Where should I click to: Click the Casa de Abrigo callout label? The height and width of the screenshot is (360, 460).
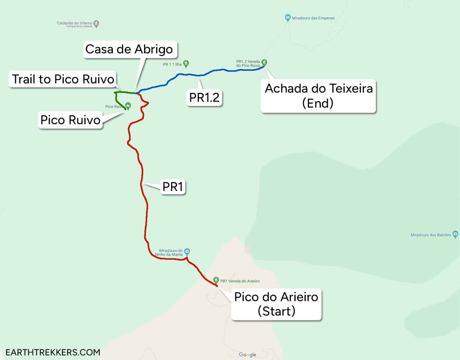129,49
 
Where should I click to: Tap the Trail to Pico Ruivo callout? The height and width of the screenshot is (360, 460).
63,79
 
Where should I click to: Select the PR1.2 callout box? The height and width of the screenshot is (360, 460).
204,98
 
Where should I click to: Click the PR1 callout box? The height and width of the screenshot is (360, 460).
173,186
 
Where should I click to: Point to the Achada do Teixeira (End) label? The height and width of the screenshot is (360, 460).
319,96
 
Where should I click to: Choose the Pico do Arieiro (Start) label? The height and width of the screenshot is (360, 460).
276,304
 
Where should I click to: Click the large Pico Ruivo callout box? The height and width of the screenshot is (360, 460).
71,120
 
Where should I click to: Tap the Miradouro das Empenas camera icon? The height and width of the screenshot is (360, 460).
288,18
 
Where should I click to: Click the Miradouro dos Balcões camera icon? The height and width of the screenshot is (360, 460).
455,235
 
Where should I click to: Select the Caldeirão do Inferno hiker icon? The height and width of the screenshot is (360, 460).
96,24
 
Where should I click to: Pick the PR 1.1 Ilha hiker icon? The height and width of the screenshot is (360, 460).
186,63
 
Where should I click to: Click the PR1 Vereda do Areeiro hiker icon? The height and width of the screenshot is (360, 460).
216,280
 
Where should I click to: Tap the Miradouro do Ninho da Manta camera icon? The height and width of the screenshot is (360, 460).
187,251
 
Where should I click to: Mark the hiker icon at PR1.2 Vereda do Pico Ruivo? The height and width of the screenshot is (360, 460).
264,63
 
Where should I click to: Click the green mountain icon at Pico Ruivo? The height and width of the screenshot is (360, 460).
128,106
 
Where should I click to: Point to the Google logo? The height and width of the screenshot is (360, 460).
247,354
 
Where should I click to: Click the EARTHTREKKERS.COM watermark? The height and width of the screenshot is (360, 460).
53,352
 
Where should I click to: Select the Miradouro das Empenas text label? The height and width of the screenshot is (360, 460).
313,18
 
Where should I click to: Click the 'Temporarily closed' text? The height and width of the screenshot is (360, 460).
79,26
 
